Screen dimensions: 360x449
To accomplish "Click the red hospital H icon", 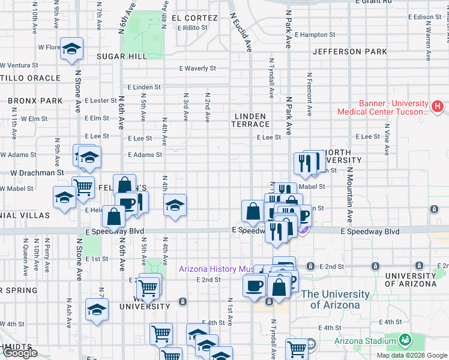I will [x=438, y=107].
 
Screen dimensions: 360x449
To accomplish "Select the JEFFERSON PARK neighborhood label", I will [x=350, y=52].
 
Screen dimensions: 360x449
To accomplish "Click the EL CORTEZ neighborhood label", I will [x=194, y=18].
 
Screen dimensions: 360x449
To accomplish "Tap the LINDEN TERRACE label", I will [x=251, y=119].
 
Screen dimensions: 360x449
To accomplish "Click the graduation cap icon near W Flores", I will [x=71, y=50].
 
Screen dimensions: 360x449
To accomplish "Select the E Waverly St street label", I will [x=197, y=68].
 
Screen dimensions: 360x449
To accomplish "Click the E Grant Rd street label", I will [x=373, y=2].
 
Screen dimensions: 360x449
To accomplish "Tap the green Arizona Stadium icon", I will [x=405, y=340].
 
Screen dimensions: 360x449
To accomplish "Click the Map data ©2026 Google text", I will [x=412, y=355].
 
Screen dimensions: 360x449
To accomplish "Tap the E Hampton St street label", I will [x=321, y=35].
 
